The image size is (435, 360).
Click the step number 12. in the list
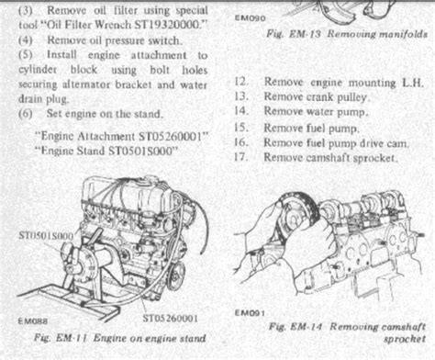[x=241, y=82]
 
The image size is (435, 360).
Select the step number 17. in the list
[x=241, y=157]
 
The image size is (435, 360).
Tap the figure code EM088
[x=33, y=321]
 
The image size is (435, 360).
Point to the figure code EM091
[x=250, y=313]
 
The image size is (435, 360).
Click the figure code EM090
[x=250, y=18]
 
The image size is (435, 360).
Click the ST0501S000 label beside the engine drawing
[x=46, y=236]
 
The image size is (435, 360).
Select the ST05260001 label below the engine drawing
[x=170, y=319]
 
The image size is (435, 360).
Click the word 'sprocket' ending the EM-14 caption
[x=405, y=339]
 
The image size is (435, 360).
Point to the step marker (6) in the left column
[x=26, y=114]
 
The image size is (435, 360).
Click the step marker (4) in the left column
[x=26, y=40]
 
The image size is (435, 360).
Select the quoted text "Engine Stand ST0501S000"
[x=106, y=151]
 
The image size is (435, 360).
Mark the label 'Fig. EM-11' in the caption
[x=61, y=338]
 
